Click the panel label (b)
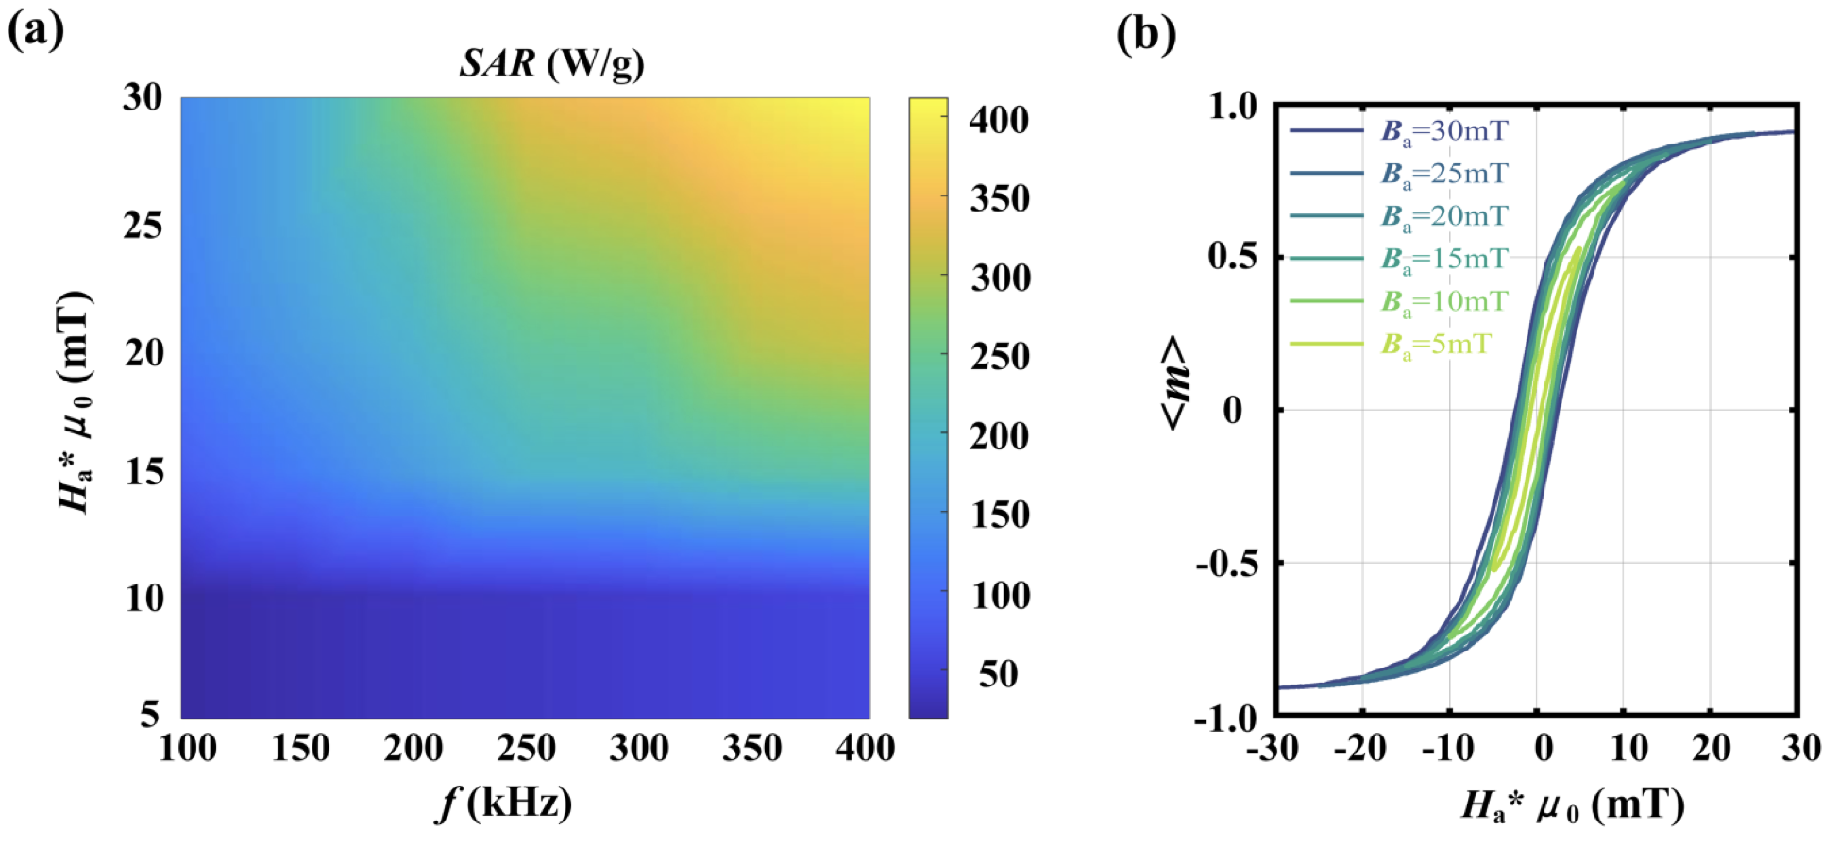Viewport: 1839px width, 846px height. (x=1146, y=34)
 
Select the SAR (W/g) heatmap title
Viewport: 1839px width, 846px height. (x=551, y=63)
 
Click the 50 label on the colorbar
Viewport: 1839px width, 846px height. (x=998, y=674)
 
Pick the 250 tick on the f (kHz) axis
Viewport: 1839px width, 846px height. (x=526, y=749)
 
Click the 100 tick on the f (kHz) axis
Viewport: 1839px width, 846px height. (x=187, y=749)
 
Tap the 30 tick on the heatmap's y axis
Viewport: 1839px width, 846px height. (x=143, y=97)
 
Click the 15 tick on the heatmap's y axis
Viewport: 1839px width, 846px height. (x=144, y=472)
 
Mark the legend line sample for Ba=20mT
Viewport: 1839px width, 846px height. (x=1326, y=216)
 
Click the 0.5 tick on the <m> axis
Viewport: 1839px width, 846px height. (x=1233, y=257)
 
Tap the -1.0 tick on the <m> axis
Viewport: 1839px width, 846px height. (x=1225, y=719)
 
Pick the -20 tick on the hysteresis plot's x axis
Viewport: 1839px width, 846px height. (x=1359, y=749)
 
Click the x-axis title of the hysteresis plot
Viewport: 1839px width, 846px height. (x=1573, y=805)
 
